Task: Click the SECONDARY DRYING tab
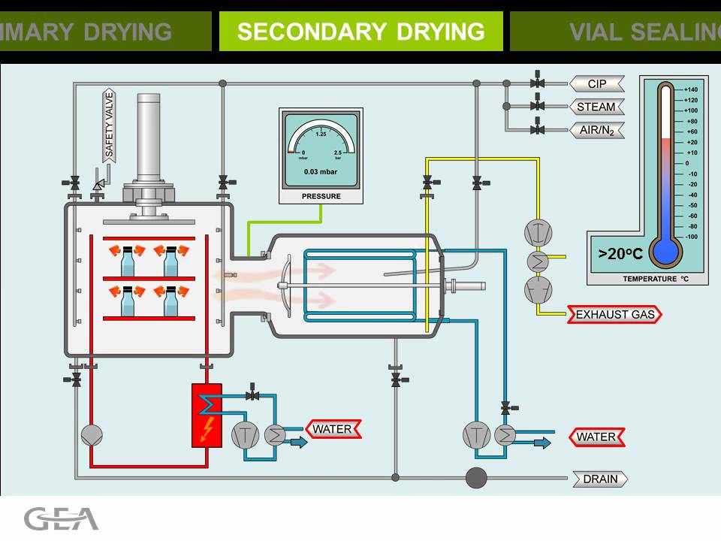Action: coord(360,32)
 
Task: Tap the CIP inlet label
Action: coord(596,83)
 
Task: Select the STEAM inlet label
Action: coord(596,107)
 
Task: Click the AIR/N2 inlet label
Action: coord(596,130)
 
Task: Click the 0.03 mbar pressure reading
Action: coord(321,171)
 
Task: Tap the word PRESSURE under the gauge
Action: coord(321,196)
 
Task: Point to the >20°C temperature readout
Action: coord(620,254)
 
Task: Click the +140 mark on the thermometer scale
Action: coord(691,89)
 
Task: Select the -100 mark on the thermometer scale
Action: coord(690,237)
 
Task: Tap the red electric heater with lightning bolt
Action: coord(207,415)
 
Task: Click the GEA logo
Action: coord(61,518)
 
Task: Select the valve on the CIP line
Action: coord(537,83)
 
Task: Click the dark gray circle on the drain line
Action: coord(476,477)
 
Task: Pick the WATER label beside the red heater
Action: coord(333,429)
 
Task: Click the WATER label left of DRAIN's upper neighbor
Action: coord(596,437)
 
